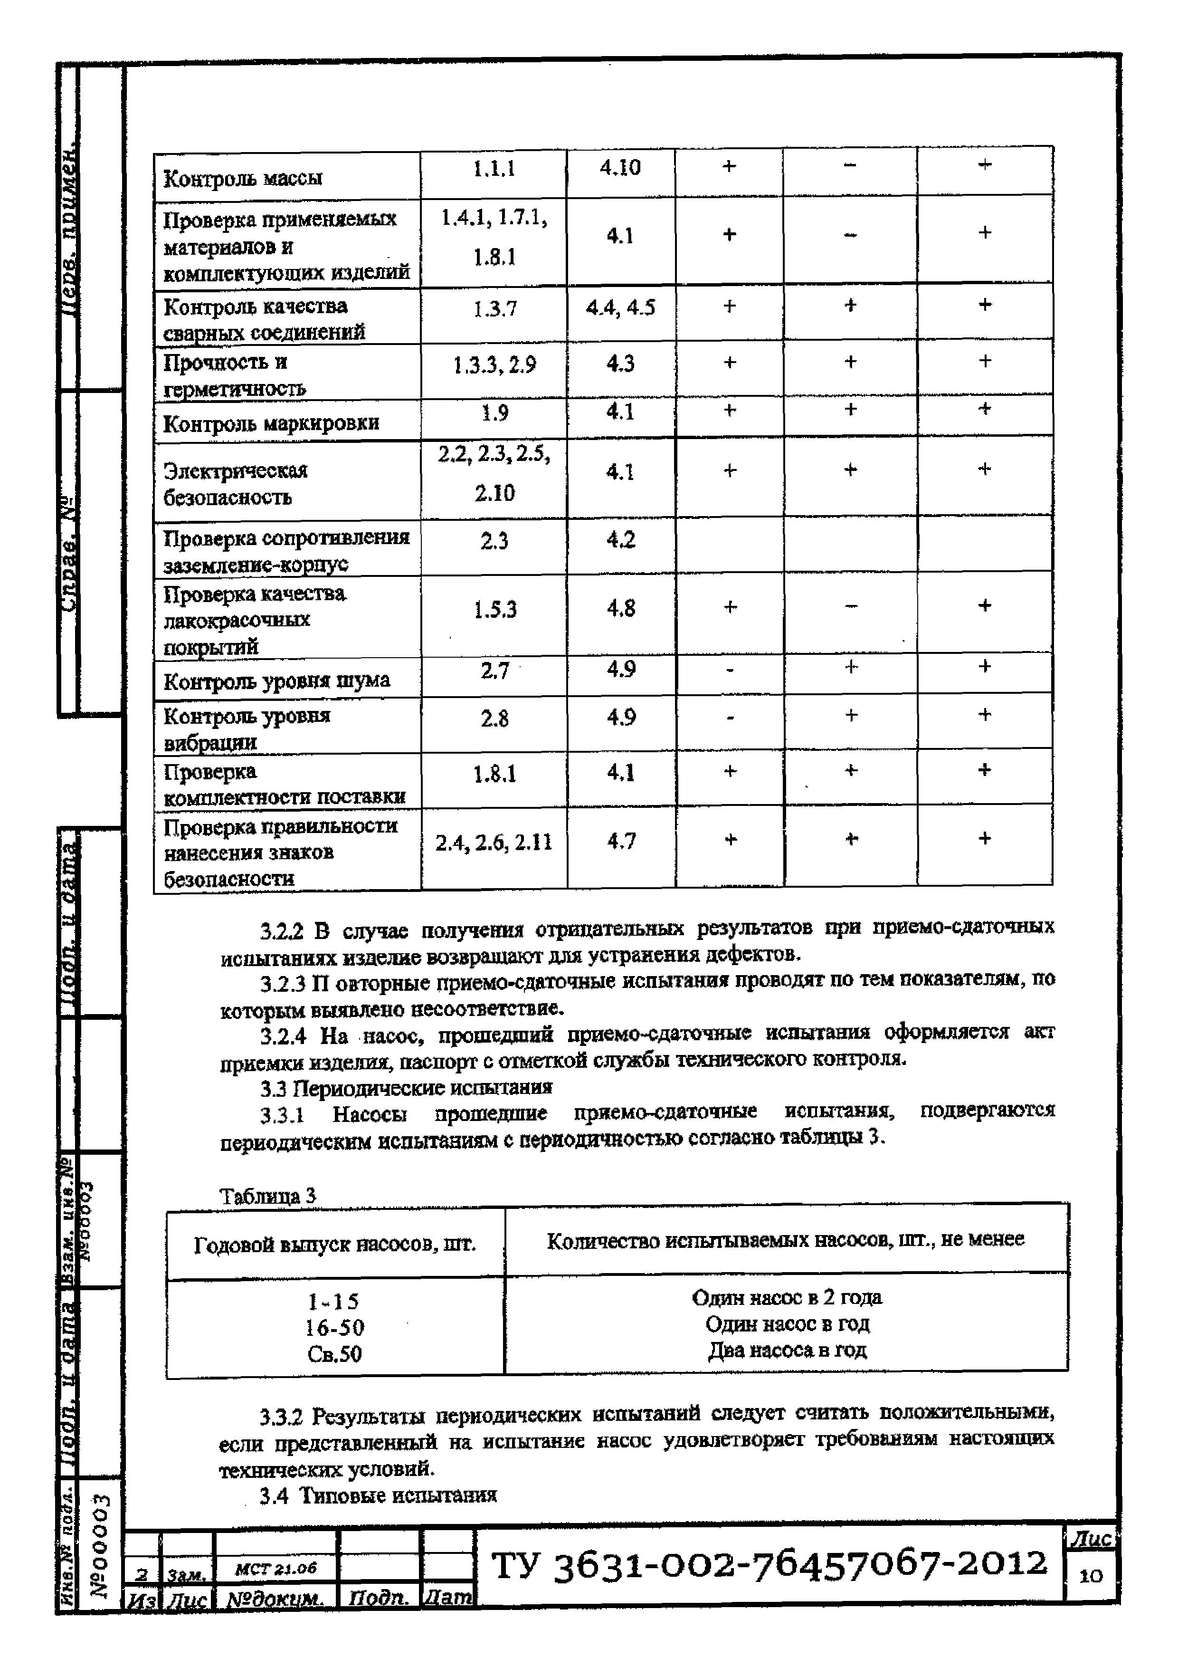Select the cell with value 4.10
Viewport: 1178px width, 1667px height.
[x=620, y=168]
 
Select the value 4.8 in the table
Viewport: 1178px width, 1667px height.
[x=620, y=608]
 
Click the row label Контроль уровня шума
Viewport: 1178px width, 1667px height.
[x=276, y=681]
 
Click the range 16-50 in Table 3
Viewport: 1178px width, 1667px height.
[x=334, y=1328]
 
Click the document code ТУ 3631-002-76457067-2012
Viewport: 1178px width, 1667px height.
[x=769, y=1565]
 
